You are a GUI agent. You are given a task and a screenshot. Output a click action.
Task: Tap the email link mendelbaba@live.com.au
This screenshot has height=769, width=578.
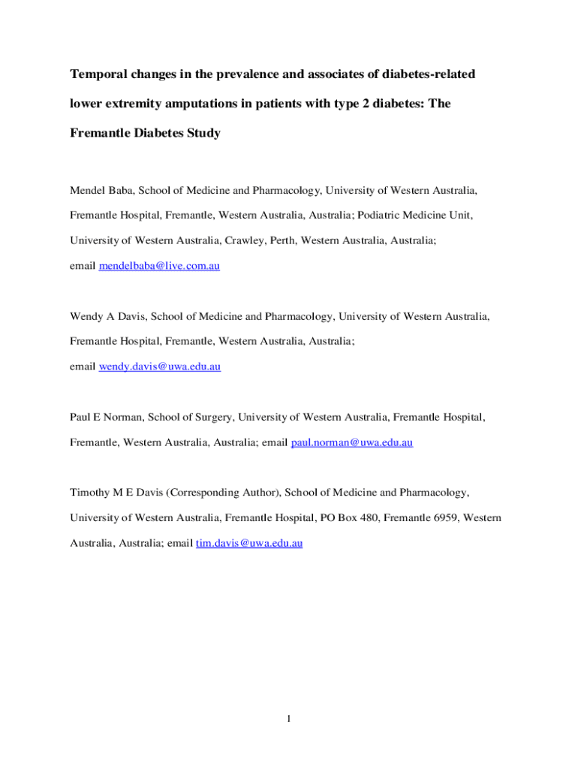point(159,266)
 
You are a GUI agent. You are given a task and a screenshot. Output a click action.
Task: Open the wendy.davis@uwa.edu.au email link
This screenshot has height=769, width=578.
point(160,366)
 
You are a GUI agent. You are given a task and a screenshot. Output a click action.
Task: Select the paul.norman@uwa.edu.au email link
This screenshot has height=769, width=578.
point(352,443)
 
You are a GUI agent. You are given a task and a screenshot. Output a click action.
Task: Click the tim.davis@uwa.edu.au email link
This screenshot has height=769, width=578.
point(249,543)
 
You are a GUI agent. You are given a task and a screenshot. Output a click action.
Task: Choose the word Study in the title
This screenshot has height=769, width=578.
point(203,134)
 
